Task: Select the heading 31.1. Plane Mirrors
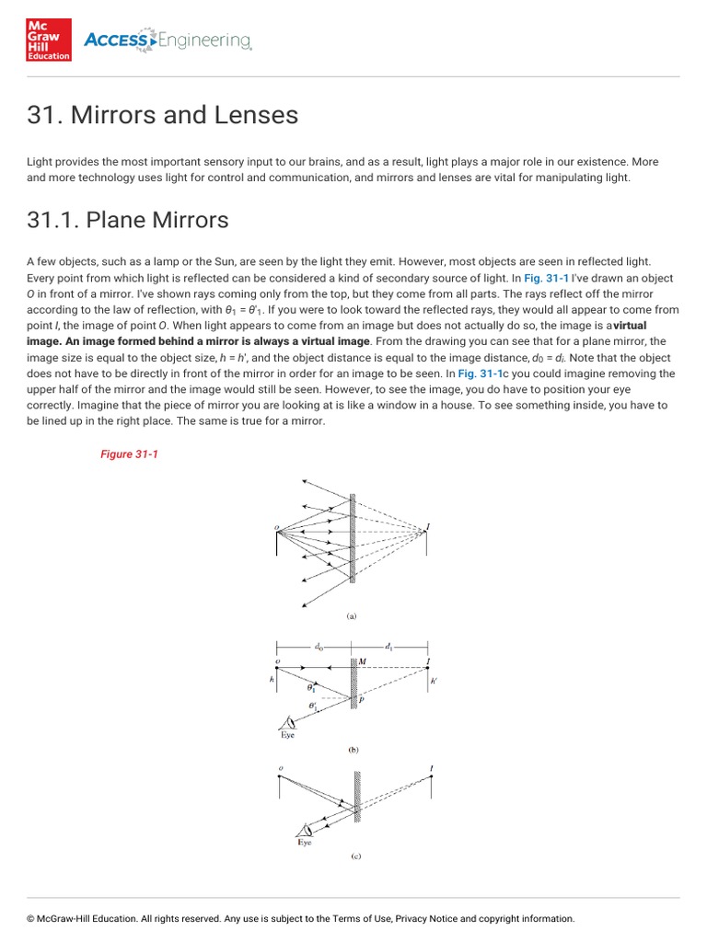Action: click(128, 221)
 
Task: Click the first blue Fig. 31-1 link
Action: click(548, 278)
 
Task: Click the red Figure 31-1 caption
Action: click(129, 454)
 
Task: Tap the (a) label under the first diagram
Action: click(351, 617)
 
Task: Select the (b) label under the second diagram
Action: click(353, 750)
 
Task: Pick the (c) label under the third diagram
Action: click(355, 856)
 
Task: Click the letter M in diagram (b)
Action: click(363, 662)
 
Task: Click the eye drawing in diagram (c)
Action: click(302, 829)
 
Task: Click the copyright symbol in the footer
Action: click(31, 918)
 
